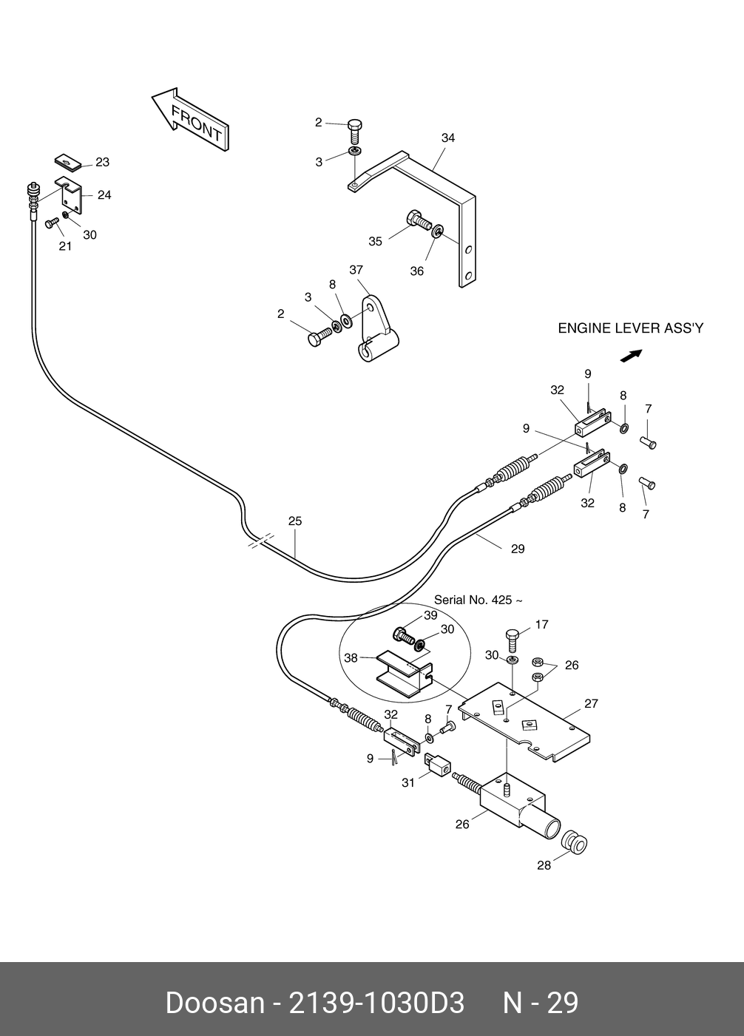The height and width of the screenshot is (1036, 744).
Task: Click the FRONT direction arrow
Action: click(x=191, y=120)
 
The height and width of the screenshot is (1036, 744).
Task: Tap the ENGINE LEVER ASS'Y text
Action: click(x=630, y=328)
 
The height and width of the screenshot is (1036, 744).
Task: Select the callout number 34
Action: click(x=448, y=138)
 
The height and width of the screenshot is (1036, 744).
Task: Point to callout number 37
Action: click(x=356, y=270)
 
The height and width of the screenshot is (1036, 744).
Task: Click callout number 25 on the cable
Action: click(x=295, y=521)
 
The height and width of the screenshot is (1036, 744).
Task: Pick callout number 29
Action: click(x=518, y=549)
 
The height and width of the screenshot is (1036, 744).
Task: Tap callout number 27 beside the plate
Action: click(x=591, y=704)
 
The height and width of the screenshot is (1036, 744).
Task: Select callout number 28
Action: click(x=544, y=865)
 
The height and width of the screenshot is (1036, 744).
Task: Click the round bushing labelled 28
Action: click(x=573, y=842)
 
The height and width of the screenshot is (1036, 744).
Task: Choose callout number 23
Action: click(x=102, y=163)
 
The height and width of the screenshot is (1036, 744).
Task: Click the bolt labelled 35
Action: click(x=419, y=220)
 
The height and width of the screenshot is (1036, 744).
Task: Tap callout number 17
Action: click(x=541, y=625)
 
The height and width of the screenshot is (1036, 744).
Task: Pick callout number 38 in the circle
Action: click(x=351, y=657)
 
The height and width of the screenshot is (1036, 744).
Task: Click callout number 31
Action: click(x=408, y=782)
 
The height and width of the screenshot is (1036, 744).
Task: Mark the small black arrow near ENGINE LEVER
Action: click(x=630, y=356)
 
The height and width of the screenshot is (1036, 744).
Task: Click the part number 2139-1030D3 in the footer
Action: click(x=376, y=1003)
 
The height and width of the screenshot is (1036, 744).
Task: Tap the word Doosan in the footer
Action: click(x=214, y=1003)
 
